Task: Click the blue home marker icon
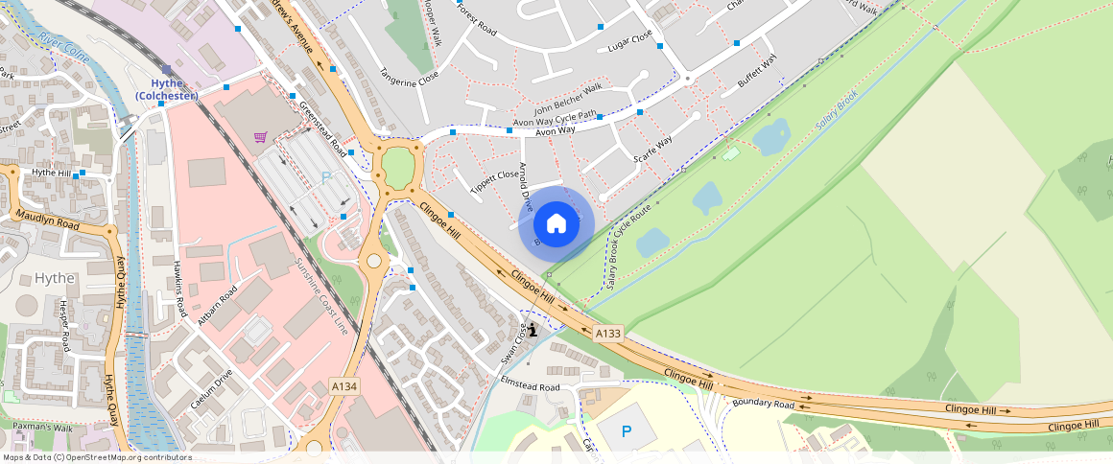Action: (x=556, y=224)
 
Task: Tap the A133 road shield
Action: (x=608, y=334)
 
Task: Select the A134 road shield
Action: (x=344, y=385)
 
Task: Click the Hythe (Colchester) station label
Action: (x=167, y=90)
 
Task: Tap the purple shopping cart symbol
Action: (x=261, y=137)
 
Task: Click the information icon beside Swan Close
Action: (x=533, y=329)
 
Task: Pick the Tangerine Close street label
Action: (x=409, y=77)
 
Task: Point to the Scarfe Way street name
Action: (x=652, y=150)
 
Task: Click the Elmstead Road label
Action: (x=530, y=385)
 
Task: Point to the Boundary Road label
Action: (x=765, y=404)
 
